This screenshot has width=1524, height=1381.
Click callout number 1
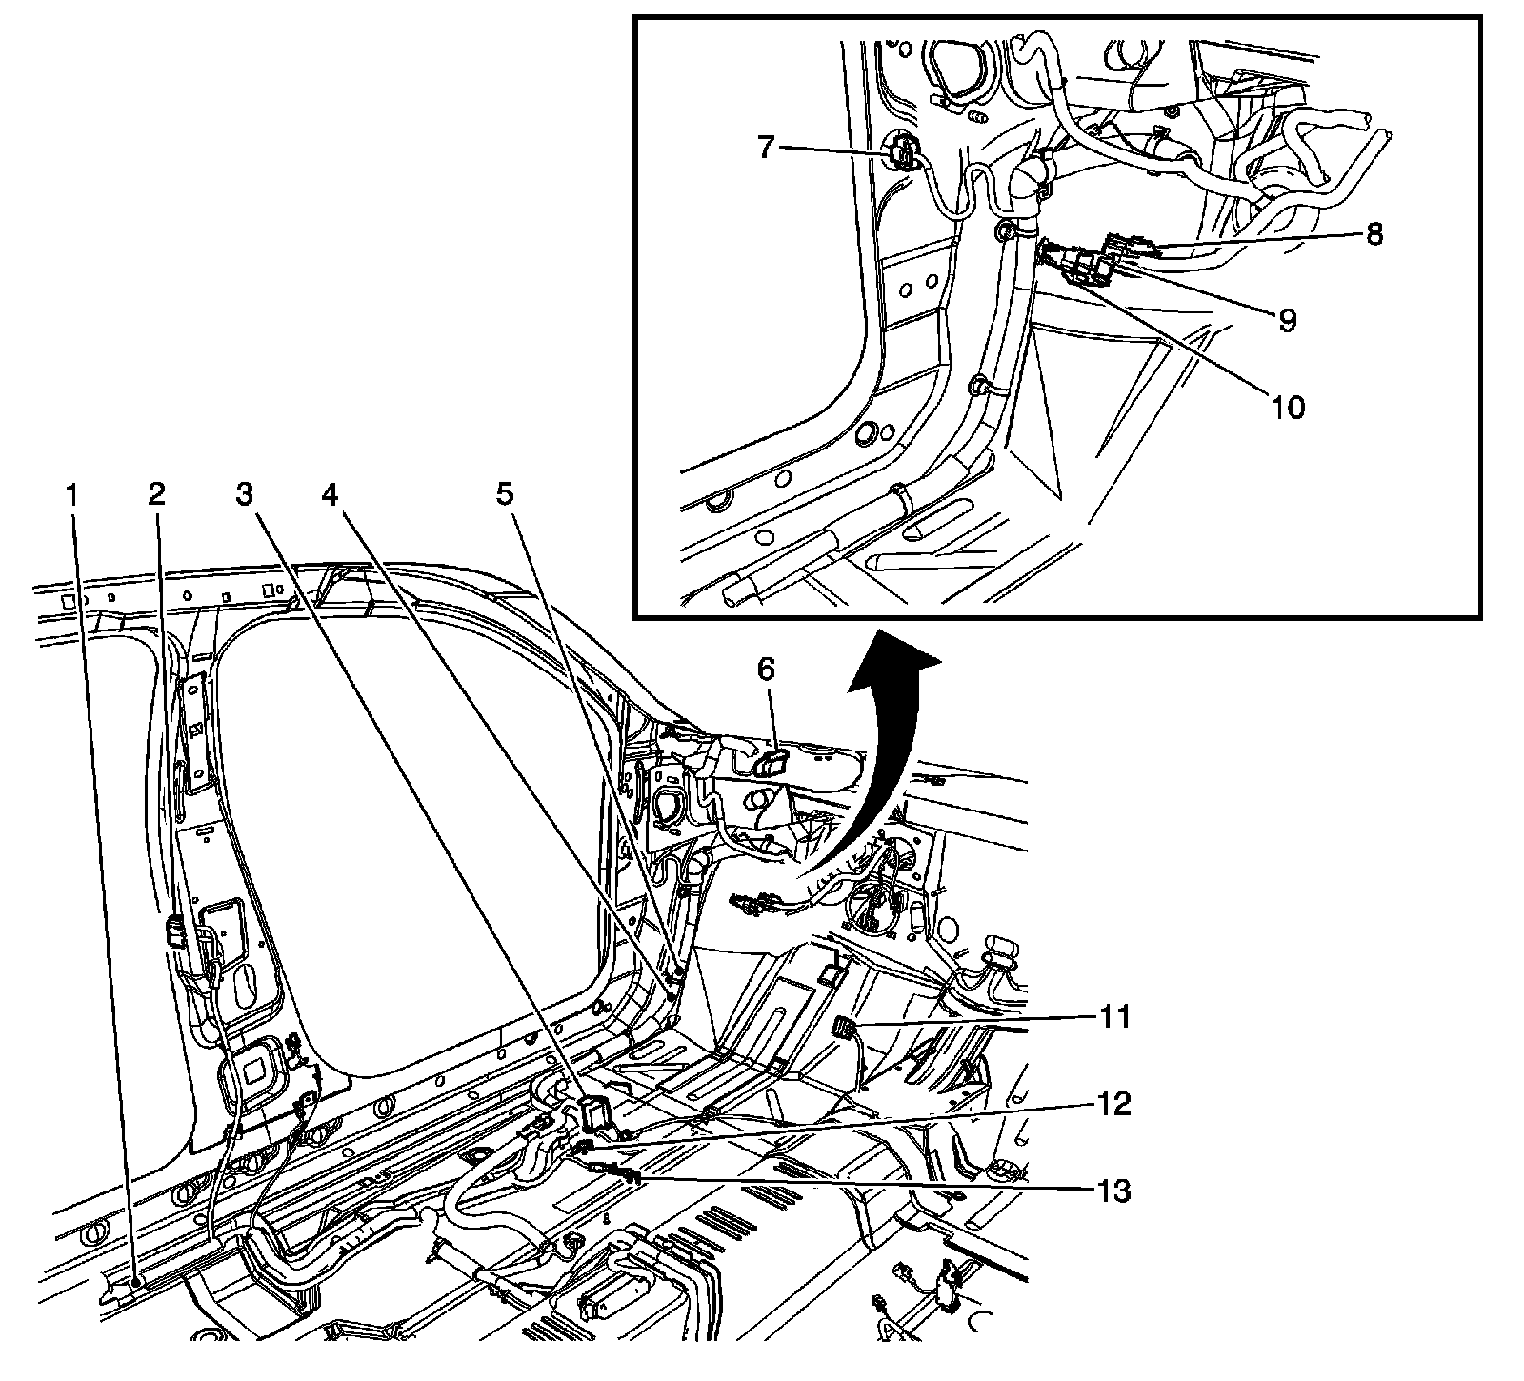[72, 494]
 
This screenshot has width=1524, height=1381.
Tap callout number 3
[245, 494]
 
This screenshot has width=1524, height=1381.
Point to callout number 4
[330, 494]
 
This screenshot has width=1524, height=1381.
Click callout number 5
[504, 494]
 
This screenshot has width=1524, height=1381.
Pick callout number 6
[768, 670]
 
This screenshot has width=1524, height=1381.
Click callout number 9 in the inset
[1287, 320]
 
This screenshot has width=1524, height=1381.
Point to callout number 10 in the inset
[1287, 407]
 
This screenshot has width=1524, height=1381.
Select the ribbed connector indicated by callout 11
[843, 1028]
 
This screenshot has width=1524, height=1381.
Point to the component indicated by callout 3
[596, 1111]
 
